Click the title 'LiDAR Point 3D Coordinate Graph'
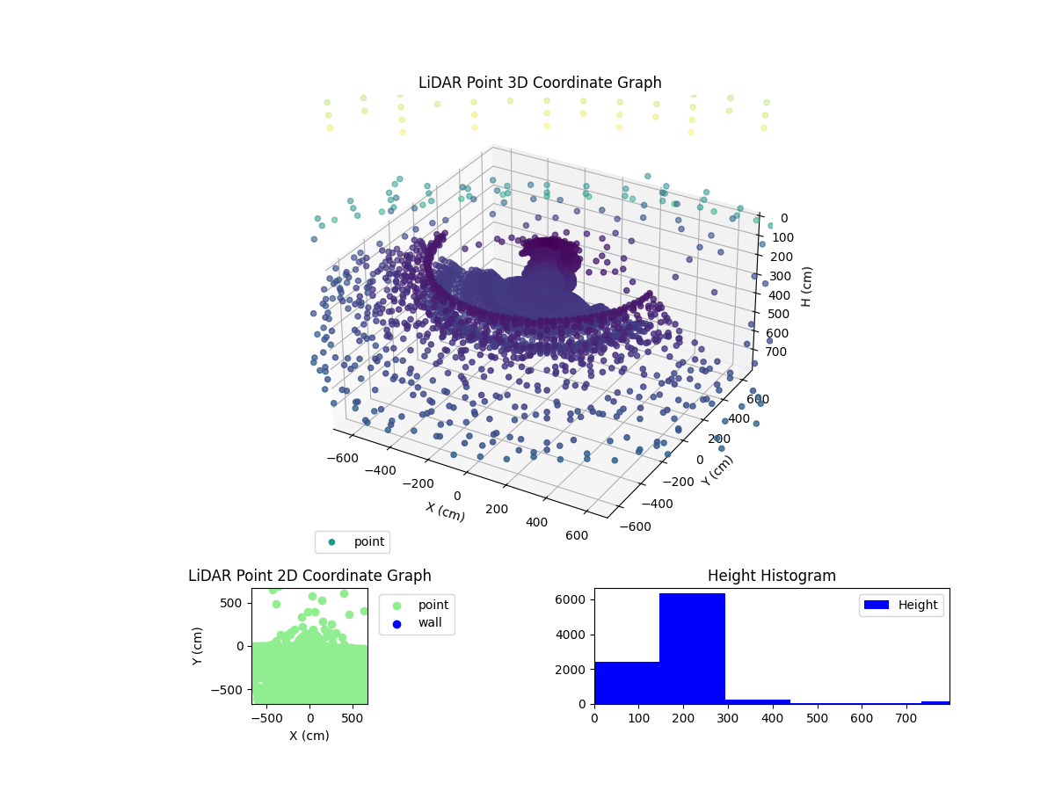pyautogui.click(x=540, y=83)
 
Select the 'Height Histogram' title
pyautogui.click(x=771, y=576)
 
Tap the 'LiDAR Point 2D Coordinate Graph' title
pyautogui.click(x=309, y=576)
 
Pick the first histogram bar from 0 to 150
pyautogui.click(x=627, y=682)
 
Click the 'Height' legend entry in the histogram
pyautogui.click(x=902, y=605)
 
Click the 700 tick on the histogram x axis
pyautogui.click(x=906, y=718)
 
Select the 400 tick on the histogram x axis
pyautogui.click(x=773, y=718)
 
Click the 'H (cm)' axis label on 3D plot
pyautogui.click(x=806, y=285)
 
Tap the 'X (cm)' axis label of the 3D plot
pyautogui.click(x=446, y=511)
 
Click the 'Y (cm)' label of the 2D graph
pyautogui.click(x=198, y=646)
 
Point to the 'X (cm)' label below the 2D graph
pyautogui.click(x=309, y=736)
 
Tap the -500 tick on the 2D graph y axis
pyautogui.click(x=232, y=689)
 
